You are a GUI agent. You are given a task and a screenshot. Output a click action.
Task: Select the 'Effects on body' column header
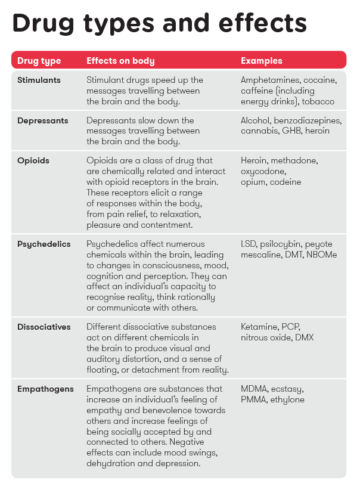tap(120, 61)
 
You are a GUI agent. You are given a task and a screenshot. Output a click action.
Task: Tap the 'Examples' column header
tap(261, 61)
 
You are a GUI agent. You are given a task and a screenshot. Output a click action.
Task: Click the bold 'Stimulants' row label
tap(39, 80)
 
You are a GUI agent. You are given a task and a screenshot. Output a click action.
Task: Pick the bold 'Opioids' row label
tap(33, 161)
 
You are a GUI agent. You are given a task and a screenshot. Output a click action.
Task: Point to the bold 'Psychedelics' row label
tap(44, 244)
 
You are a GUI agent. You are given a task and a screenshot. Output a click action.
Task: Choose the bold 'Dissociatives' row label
tap(44, 327)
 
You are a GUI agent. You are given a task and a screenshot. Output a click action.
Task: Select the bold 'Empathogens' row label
tap(45, 389)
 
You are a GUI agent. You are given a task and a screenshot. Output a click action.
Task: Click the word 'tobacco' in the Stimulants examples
tap(318, 101)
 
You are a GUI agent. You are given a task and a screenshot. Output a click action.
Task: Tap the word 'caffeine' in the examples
tap(257, 91)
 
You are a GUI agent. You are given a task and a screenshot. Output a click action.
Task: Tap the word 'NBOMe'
tap(324, 255)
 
